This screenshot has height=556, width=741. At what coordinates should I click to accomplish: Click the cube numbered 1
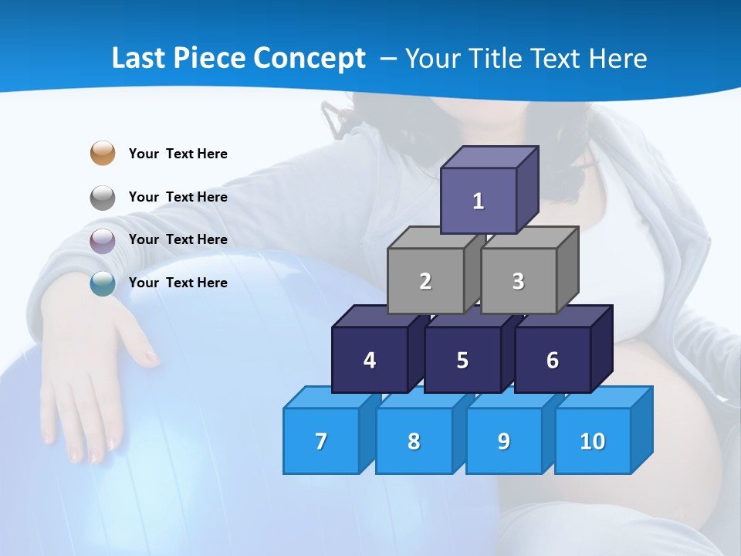479,201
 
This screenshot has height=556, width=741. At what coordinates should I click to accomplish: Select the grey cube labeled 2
425,281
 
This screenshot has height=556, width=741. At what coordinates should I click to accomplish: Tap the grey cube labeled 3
518,281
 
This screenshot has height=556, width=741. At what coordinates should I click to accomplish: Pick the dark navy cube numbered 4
370,360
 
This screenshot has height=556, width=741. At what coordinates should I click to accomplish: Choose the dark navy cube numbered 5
462,360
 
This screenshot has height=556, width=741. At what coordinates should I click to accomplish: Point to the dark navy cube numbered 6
553,360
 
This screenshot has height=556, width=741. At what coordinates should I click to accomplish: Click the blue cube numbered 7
321,441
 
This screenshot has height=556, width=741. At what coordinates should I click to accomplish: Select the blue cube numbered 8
414,441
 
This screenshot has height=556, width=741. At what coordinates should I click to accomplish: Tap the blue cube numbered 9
504,441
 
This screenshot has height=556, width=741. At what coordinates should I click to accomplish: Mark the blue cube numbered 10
593,441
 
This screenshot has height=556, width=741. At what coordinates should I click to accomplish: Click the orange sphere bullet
103,153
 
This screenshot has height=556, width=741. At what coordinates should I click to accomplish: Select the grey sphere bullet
103,198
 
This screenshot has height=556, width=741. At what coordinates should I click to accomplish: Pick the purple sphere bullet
103,241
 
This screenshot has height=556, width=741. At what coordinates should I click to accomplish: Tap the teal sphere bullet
103,284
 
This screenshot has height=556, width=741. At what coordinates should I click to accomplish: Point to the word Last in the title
139,59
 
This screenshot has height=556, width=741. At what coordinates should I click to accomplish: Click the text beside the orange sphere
178,154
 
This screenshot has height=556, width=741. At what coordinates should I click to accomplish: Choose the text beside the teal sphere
178,283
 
